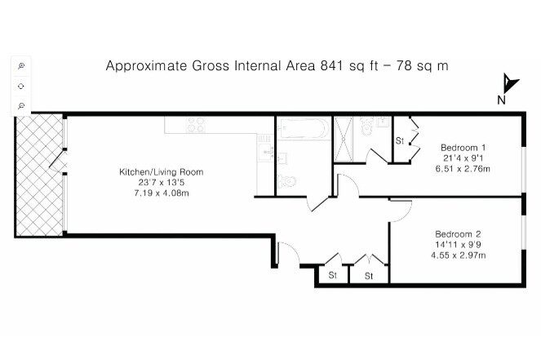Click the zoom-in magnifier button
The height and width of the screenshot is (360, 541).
(21, 66)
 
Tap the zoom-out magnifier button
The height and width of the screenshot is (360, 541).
(21, 105)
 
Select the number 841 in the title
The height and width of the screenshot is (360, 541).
(332, 65)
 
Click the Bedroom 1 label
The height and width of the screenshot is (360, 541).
(463, 148)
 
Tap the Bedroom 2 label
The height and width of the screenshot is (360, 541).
(458, 234)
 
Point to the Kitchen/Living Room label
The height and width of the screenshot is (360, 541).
(161, 172)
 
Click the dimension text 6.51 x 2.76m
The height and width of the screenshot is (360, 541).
(463, 169)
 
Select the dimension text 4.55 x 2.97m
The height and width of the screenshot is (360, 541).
(459, 256)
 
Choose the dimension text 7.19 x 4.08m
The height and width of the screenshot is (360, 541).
(162, 193)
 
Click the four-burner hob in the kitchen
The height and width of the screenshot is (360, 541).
(196, 125)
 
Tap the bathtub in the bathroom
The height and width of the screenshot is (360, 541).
(303, 128)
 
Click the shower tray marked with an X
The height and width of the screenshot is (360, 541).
(344, 139)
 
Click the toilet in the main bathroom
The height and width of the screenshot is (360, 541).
(286, 181)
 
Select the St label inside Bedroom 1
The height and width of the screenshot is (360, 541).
(400, 141)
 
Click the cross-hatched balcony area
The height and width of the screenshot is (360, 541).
(39, 175)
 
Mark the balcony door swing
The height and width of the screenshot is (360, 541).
(58, 161)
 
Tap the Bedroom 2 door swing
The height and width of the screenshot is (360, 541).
(401, 211)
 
